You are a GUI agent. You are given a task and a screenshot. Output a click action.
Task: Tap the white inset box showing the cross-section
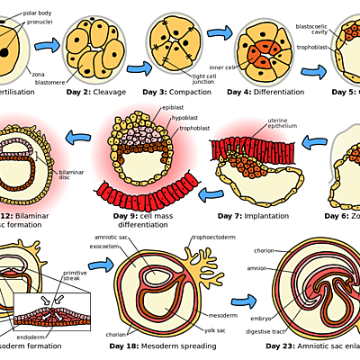point(51,311)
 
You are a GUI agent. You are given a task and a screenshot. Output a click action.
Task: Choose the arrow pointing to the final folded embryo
point(242,301)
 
